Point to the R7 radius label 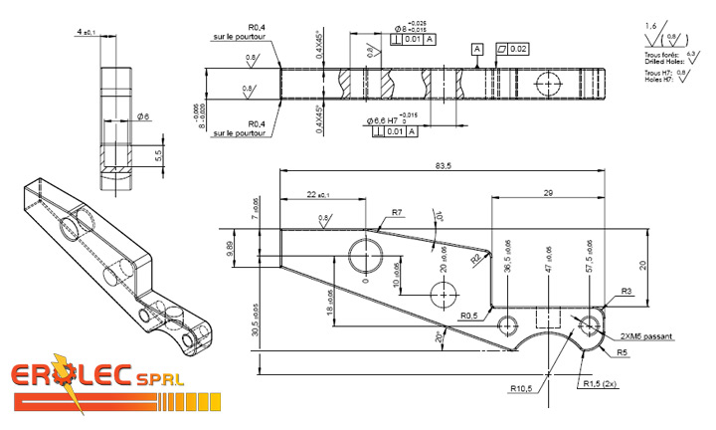(396, 212)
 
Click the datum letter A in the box (477, 48)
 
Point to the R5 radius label (622, 352)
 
